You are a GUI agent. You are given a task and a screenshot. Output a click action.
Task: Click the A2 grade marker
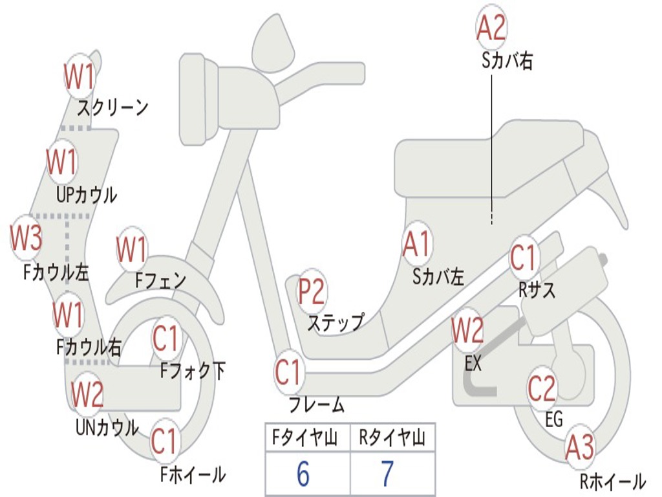click(491, 27)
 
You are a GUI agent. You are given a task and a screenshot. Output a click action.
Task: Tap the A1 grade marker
click(417, 244)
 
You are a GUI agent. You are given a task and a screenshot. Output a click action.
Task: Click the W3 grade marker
click(26, 237)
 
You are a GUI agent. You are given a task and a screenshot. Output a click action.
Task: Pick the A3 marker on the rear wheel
click(579, 447)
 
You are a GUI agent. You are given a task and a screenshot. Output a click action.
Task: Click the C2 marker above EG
click(542, 388)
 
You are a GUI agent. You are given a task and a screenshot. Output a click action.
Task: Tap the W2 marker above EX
click(467, 330)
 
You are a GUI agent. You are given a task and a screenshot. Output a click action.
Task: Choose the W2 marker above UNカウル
click(87, 394)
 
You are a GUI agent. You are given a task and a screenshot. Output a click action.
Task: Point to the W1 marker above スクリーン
click(80, 76)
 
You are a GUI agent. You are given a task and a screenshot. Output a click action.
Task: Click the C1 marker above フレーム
click(289, 372)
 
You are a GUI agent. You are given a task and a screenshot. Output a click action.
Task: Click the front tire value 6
click(303, 473)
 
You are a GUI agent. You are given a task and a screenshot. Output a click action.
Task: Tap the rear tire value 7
click(387, 473)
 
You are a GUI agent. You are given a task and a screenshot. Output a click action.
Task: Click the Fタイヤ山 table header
click(305, 437)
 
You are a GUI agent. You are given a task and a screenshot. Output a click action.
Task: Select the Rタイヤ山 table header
click(392, 437)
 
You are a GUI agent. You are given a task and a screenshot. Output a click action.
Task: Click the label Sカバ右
click(507, 61)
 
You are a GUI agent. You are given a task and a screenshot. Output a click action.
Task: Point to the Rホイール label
click(613, 481)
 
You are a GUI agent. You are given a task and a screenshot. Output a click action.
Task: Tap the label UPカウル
click(87, 195)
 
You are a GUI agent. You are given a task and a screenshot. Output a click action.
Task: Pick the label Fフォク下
click(193, 371)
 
